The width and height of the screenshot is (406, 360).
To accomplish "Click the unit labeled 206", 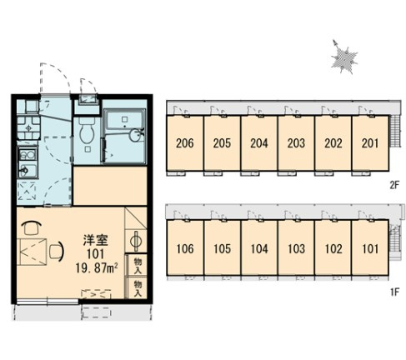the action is tap(185, 142).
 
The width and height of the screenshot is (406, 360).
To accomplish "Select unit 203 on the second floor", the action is tap(296, 142).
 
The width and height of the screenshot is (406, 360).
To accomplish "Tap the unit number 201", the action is tap(370, 143).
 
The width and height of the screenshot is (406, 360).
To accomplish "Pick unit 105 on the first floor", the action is tap(223, 248).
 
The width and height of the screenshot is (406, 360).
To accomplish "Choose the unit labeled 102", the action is tap(333, 248).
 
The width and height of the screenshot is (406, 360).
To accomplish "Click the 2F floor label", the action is tap(394, 185).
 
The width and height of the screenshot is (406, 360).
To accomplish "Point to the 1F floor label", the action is tap(394, 292).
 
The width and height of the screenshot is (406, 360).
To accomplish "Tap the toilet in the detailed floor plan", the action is tap(87, 132).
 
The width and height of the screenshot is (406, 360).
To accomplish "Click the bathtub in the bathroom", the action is tap(125, 120).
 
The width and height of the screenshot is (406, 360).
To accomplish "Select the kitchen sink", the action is tap(28, 170).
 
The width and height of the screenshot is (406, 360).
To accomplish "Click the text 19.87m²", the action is tap(97, 268).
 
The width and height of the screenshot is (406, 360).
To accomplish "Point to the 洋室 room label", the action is tap(96, 240).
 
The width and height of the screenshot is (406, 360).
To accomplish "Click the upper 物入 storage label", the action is tap(138, 266).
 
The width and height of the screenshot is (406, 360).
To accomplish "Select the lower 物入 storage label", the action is tap(138, 288).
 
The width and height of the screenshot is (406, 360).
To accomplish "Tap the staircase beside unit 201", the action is tap(394, 131).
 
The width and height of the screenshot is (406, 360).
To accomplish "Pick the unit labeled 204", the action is tap(259, 142).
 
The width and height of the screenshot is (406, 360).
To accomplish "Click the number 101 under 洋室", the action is tap(96, 254).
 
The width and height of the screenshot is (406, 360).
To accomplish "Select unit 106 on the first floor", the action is tap(185, 248).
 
